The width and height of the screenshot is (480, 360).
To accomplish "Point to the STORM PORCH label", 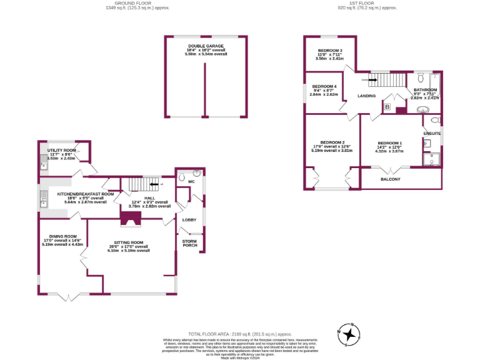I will (x=189, y=242).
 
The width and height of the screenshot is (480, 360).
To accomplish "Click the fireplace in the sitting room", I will (x=130, y=218).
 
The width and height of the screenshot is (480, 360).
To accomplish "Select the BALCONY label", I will (x=391, y=179).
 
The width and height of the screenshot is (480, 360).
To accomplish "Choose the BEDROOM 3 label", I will (x=330, y=50).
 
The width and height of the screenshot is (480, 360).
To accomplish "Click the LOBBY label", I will (x=189, y=220).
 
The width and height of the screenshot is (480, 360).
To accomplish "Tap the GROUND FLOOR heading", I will (x=129, y=4).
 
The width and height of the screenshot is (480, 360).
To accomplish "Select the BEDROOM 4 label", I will (x=324, y=86).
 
